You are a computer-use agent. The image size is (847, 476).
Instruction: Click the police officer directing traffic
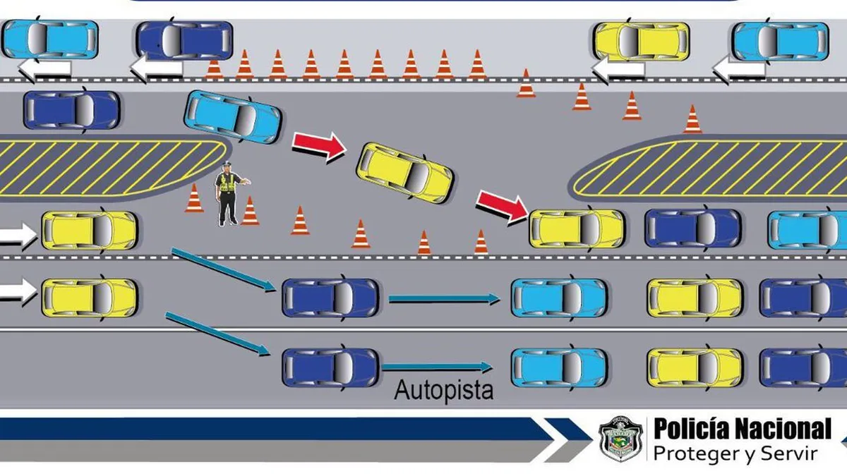228,194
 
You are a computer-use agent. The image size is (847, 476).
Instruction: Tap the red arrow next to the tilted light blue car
319,145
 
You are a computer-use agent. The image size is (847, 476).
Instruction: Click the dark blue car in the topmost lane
184,40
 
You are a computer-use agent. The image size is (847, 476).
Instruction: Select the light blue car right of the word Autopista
558,367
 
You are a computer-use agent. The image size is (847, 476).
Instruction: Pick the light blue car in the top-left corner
49,39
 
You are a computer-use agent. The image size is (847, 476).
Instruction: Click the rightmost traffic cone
693,120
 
